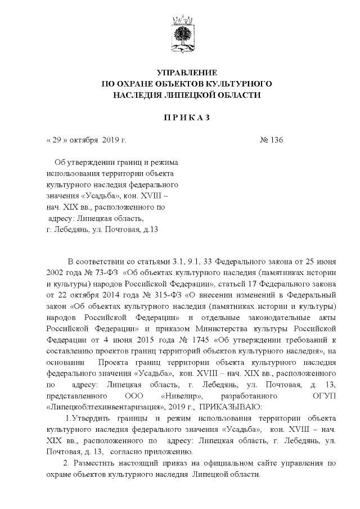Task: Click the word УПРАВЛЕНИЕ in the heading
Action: point(186,73)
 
